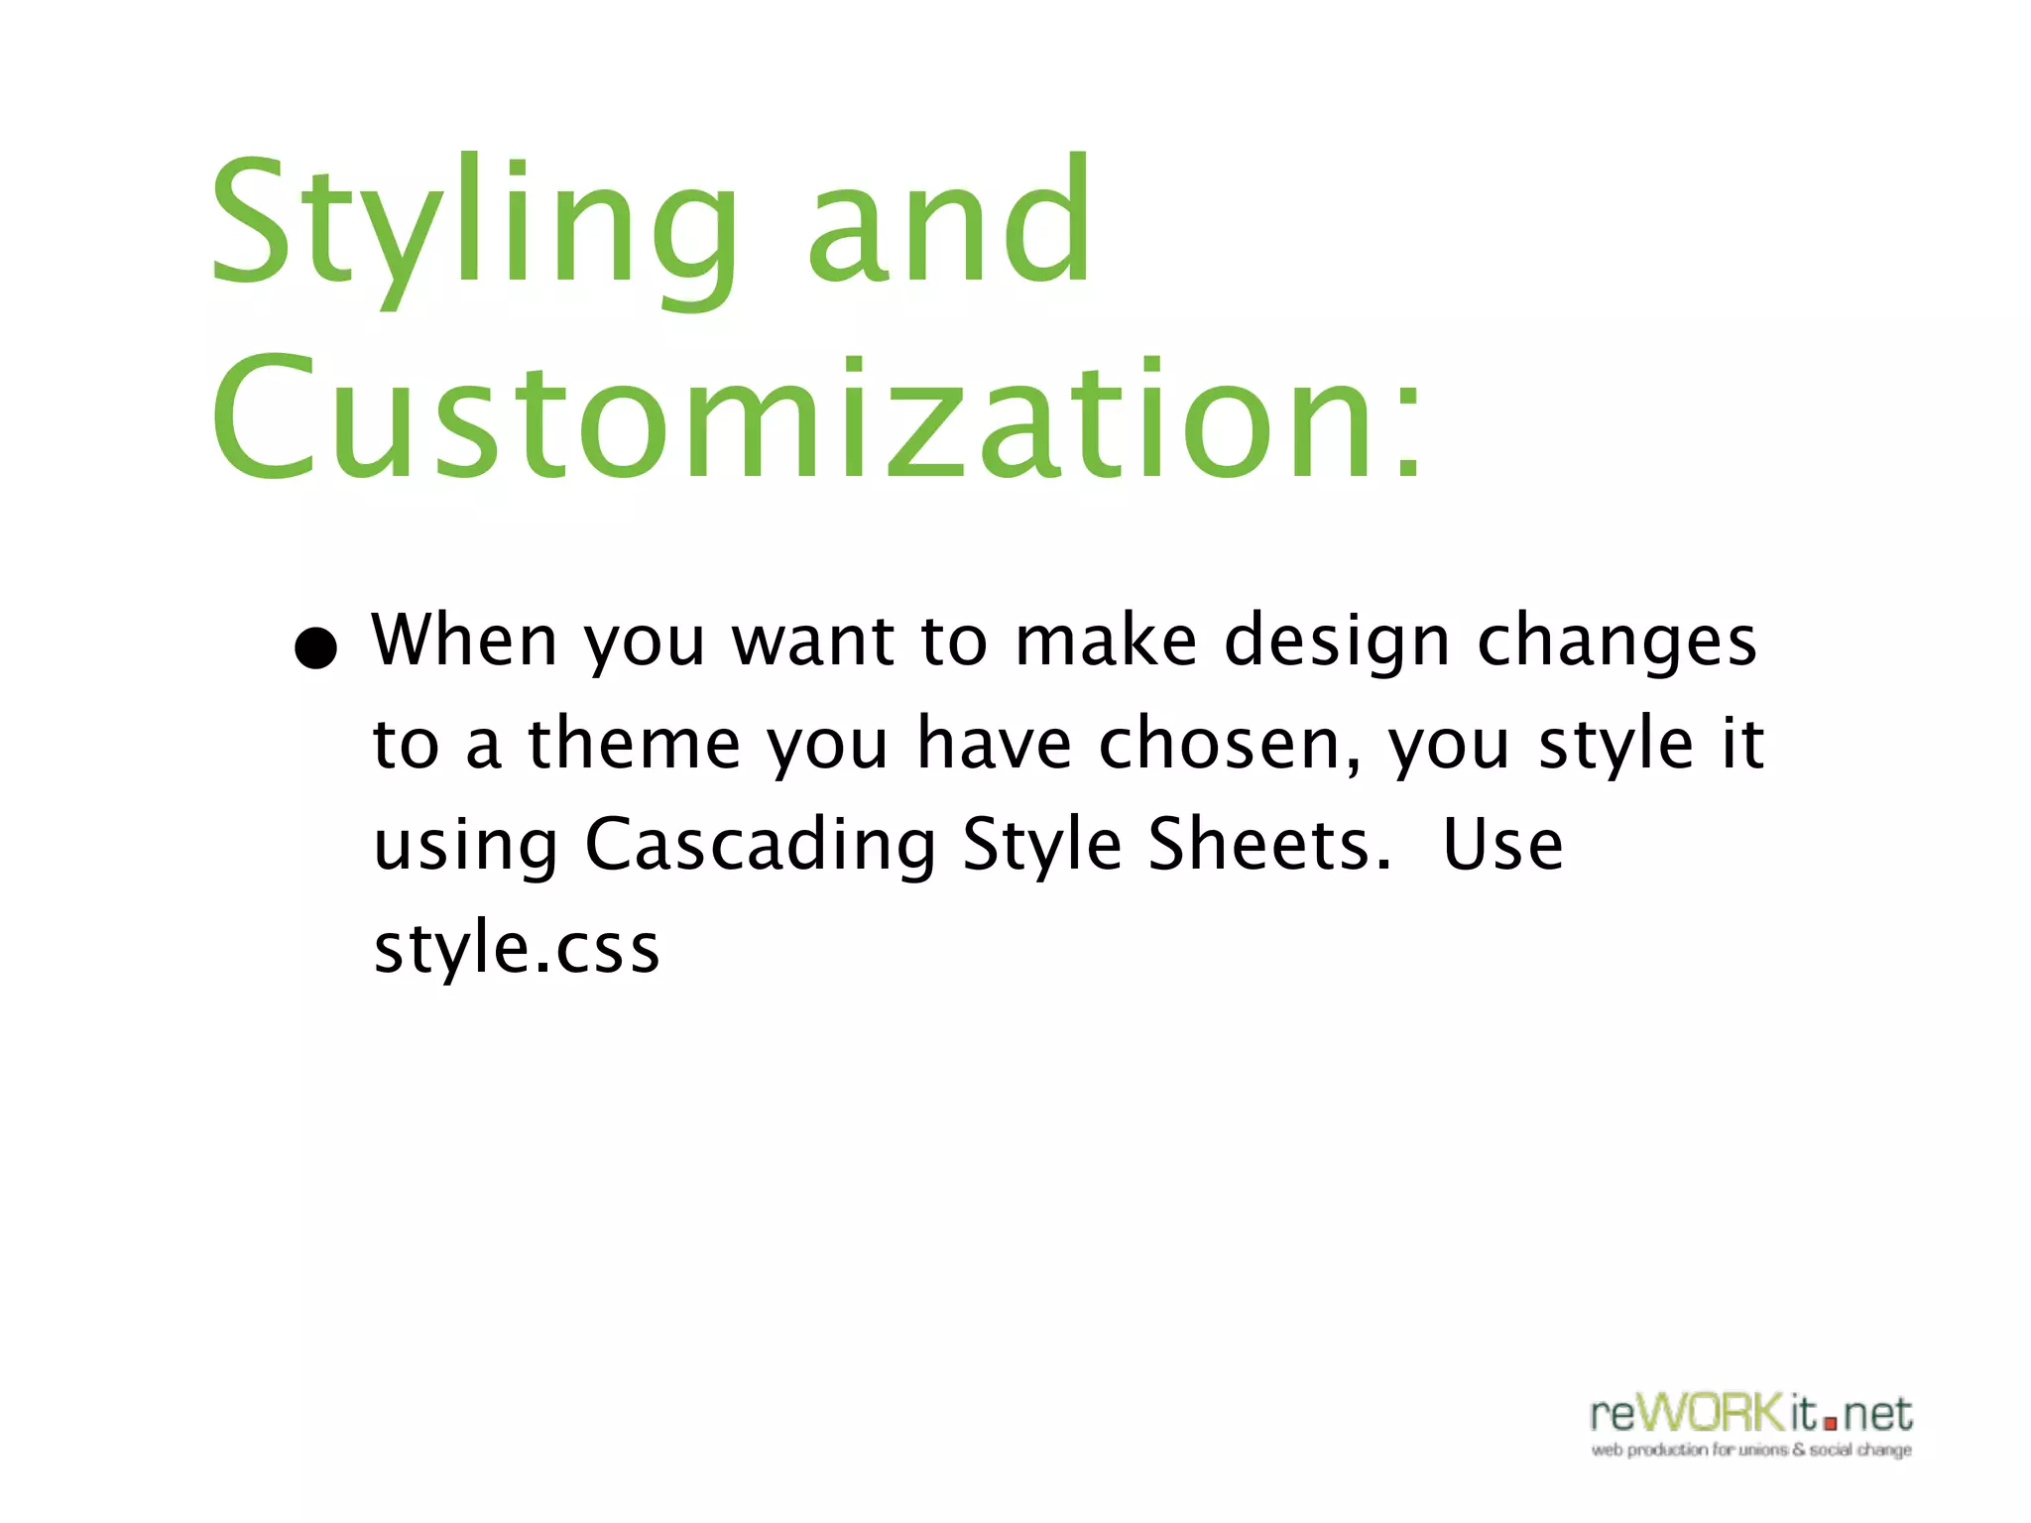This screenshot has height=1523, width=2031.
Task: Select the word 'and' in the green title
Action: coord(949,218)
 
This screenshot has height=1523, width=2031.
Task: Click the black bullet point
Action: coord(316,649)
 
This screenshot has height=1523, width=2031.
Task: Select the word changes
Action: coord(1616,643)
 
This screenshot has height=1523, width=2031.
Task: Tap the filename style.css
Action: coord(516,948)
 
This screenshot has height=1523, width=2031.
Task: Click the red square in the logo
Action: coord(1830,1423)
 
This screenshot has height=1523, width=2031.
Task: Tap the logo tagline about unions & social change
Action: coord(1751,1450)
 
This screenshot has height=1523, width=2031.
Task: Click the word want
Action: coord(813,642)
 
